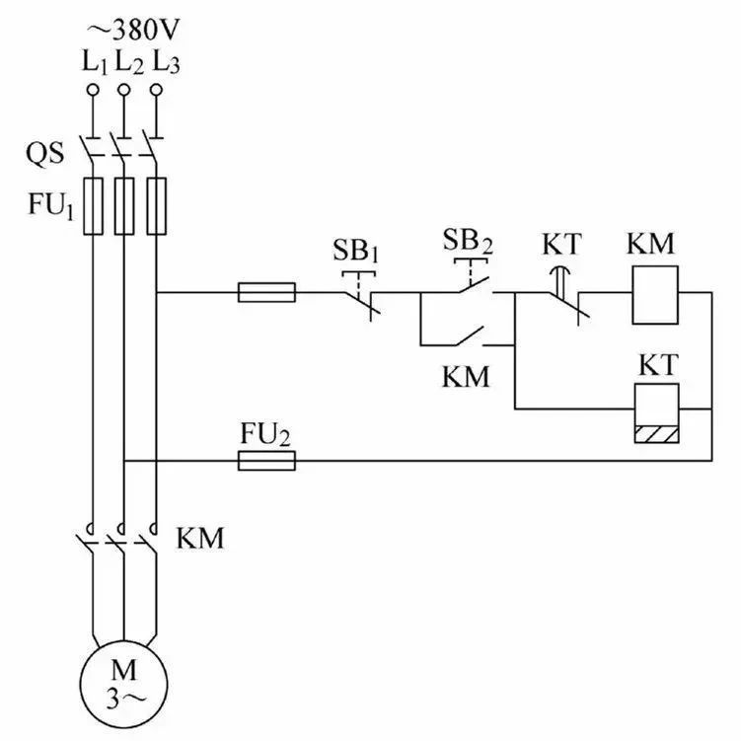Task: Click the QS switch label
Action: [44, 154]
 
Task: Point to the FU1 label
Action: [51, 206]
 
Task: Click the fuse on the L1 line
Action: [93, 206]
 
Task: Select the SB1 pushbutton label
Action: [356, 251]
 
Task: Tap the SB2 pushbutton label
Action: [468, 241]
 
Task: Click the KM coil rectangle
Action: [655, 295]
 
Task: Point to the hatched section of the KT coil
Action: [656, 435]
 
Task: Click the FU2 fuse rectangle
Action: [266, 461]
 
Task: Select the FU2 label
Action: [264, 434]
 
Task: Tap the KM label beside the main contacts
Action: [200, 538]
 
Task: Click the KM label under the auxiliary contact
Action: [466, 377]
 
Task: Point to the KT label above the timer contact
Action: [560, 245]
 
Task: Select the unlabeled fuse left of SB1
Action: [266, 292]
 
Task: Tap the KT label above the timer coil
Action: [659, 365]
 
